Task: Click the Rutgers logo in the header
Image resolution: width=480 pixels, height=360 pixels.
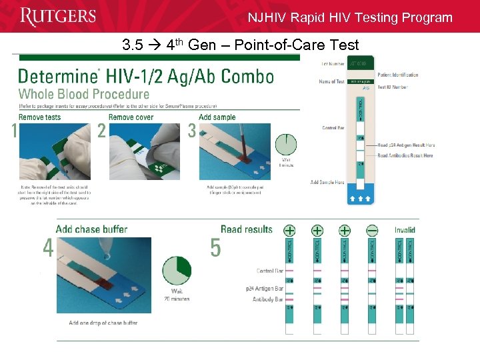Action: click(x=59, y=16)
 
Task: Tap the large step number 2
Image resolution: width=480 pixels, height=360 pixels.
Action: click(x=101, y=131)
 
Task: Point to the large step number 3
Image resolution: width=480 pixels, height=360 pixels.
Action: click(x=192, y=131)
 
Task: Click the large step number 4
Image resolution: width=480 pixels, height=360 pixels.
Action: click(x=47, y=248)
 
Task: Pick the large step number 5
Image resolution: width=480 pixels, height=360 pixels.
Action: click(x=215, y=248)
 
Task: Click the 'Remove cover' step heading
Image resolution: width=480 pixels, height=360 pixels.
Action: click(x=131, y=117)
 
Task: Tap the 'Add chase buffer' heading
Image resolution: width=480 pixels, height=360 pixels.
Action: click(x=91, y=229)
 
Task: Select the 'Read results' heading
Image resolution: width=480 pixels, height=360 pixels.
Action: click(x=246, y=229)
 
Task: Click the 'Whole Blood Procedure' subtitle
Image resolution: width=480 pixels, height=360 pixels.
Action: click(x=84, y=95)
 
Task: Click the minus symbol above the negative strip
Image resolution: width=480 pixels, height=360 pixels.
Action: click(x=372, y=231)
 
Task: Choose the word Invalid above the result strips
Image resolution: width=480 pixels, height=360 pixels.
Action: click(x=405, y=231)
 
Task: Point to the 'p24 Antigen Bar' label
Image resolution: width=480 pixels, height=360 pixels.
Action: click(x=265, y=289)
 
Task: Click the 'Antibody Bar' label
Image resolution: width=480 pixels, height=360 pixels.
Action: click(x=268, y=299)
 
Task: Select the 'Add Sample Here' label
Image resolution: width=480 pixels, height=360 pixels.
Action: click(x=327, y=182)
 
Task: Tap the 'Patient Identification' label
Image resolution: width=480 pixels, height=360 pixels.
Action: click(x=399, y=75)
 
